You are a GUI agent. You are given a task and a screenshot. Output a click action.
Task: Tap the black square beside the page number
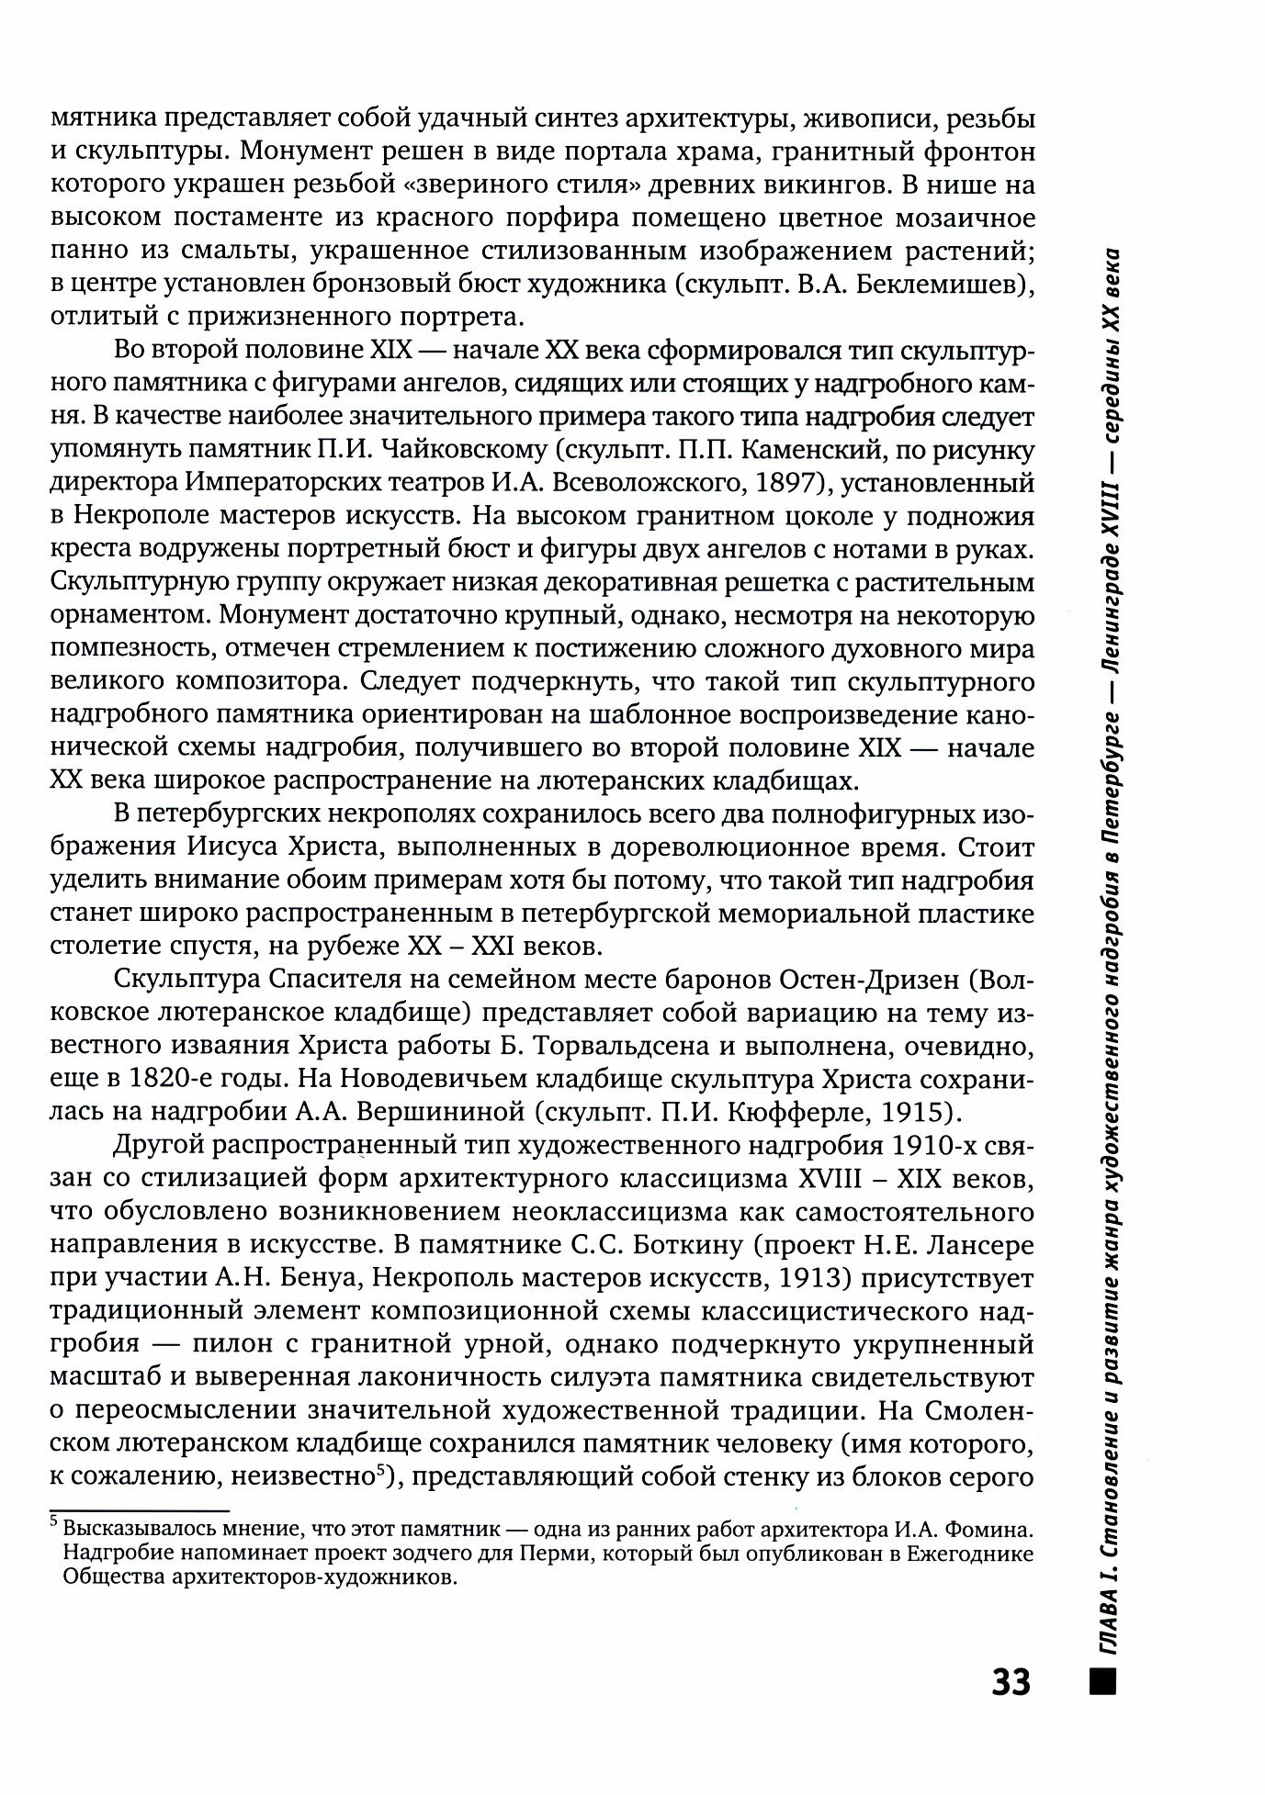point(1100,1681)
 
